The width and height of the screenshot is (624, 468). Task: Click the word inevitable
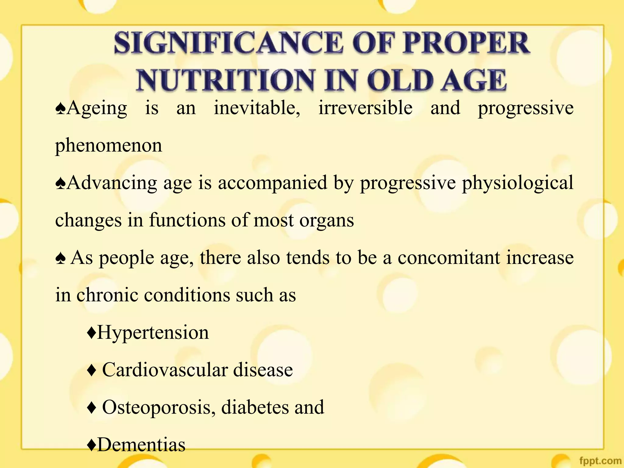pos(257,108)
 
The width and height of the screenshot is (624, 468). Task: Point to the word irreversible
pos(365,108)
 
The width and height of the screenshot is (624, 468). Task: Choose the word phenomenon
pos(108,146)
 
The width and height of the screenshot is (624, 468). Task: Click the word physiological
pos(518,183)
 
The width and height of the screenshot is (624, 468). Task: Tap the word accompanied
pos(272,183)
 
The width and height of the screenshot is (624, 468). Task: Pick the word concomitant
pos(449,258)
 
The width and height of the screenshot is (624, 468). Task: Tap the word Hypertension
pos(153,332)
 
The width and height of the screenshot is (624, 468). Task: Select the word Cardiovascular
pos(165,370)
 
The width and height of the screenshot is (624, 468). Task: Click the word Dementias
pos(141,445)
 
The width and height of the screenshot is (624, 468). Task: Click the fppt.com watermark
pos(600,461)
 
